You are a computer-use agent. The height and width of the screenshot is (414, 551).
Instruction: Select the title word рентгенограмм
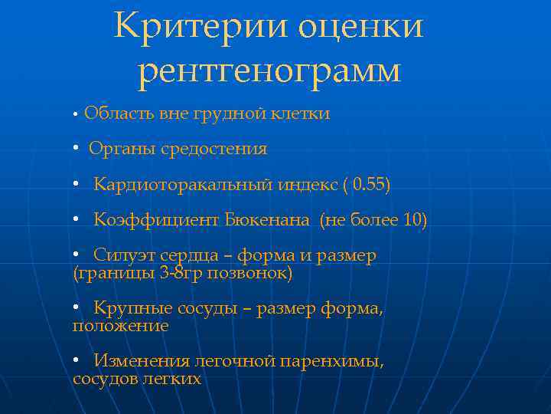(269, 71)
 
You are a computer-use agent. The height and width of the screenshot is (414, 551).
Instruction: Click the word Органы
(123, 149)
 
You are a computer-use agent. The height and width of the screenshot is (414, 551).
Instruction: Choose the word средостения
(214, 149)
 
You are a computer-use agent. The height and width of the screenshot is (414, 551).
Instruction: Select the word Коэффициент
(157, 221)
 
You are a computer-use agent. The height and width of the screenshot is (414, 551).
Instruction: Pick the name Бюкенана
(268, 221)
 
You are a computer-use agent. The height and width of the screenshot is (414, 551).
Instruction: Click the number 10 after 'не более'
(413, 221)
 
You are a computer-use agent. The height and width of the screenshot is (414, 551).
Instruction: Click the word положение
(120, 325)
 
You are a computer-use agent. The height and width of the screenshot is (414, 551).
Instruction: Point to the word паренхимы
(333, 361)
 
